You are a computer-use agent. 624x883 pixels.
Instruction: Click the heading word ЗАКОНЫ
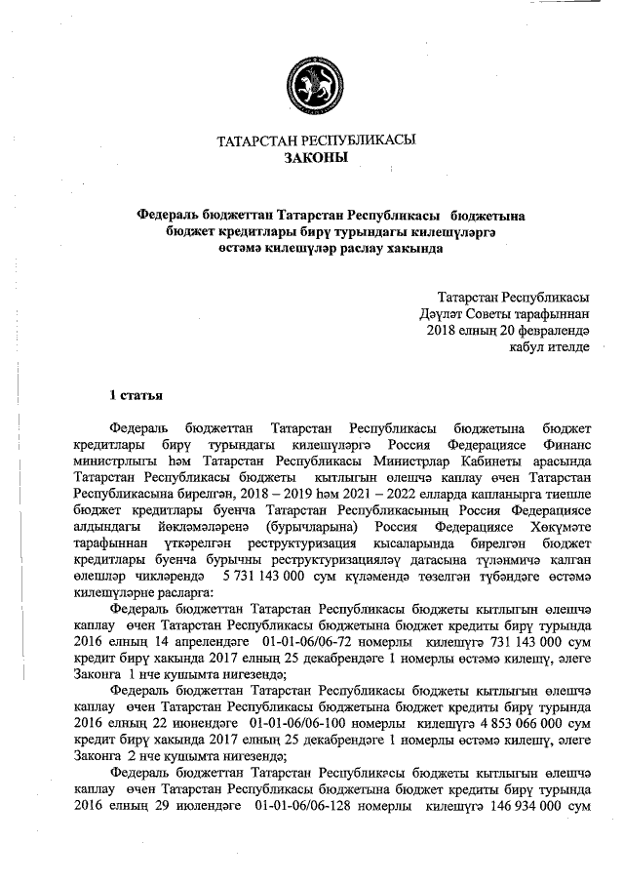(314, 157)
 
